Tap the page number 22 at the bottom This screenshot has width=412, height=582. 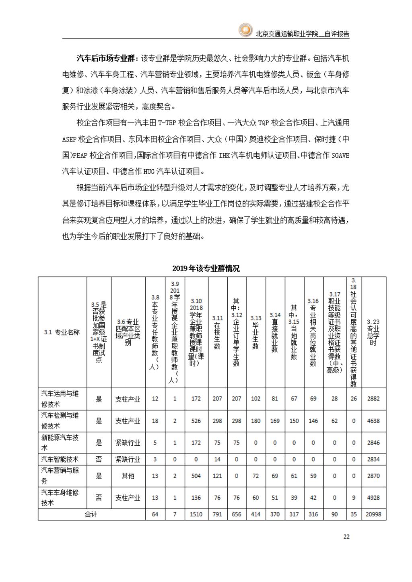point(346,536)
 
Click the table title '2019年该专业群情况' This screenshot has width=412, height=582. point(206,268)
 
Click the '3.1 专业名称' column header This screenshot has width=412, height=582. point(62,332)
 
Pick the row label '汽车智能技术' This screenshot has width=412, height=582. point(60,459)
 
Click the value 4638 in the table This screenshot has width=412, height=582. point(373,421)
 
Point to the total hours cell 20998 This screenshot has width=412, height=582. point(373,514)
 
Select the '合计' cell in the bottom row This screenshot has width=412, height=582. point(91,514)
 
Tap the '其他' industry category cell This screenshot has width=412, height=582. point(128,476)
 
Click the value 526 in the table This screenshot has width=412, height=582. point(196,421)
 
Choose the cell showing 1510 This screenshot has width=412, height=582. point(196,514)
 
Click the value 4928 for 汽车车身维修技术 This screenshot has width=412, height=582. point(373,498)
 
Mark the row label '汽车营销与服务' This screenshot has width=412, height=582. point(60,475)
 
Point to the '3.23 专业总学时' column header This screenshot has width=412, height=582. point(373,332)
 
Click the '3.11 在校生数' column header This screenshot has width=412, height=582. point(217,332)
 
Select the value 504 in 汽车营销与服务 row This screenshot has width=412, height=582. point(196,476)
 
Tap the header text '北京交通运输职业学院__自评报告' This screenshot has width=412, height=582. point(303,34)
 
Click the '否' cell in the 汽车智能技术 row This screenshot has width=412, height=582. point(99,459)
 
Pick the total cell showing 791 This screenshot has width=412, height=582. point(217,514)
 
